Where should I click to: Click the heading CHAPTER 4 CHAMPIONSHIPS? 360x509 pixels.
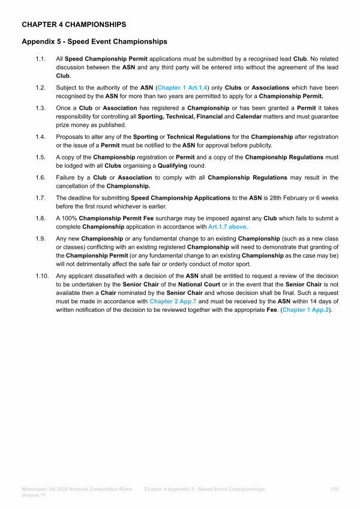74,25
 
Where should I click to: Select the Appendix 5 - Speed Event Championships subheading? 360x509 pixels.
94,42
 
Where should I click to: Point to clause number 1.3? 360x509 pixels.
40,108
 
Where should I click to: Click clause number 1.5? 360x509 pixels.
40,158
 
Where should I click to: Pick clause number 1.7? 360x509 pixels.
40,197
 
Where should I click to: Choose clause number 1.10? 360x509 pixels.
41,276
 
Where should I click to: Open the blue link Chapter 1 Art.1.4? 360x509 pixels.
181,88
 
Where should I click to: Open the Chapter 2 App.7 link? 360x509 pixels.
173,302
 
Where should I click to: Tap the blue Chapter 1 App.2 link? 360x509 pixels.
306,310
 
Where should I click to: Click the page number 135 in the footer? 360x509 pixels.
334,489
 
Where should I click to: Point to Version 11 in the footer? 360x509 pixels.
35,496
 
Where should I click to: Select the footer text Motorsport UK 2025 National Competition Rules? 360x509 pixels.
77,489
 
